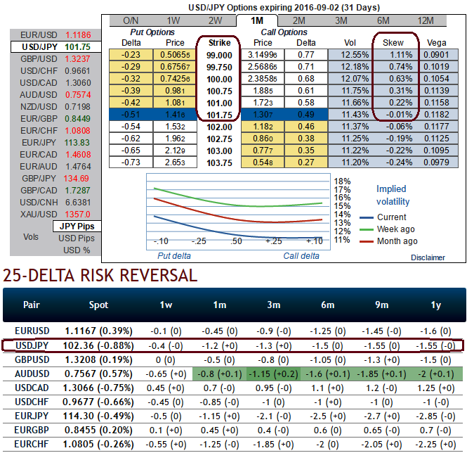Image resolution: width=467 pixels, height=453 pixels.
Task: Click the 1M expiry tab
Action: [x=257, y=21]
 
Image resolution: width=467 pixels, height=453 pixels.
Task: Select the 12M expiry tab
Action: [x=424, y=21]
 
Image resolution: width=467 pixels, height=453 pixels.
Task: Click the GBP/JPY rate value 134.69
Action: [x=77, y=179]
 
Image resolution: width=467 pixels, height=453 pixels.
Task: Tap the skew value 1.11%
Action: [x=396, y=54]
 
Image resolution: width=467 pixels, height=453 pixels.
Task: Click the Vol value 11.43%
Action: [x=353, y=114]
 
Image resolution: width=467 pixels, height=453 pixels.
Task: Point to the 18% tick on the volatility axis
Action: [x=342, y=181]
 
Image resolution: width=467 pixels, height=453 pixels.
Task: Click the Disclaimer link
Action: [x=428, y=257]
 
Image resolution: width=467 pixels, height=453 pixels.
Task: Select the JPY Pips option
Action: [x=76, y=226]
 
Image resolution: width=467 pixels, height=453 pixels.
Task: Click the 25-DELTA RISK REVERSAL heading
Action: [x=100, y=276]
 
